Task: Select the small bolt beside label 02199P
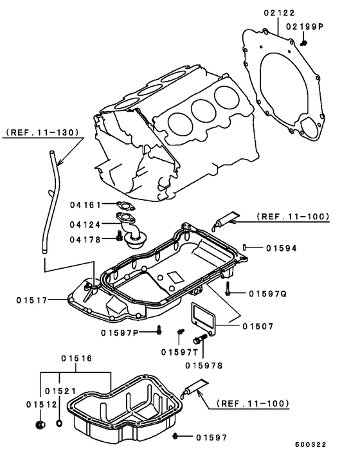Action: point(305,42)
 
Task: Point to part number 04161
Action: point(85,205)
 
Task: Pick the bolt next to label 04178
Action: point(119,237)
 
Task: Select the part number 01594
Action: point(281,248)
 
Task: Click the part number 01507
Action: point(258,326)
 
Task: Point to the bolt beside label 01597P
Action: point(158,331)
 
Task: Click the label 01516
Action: point(76,358)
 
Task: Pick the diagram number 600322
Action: point(311,444)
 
